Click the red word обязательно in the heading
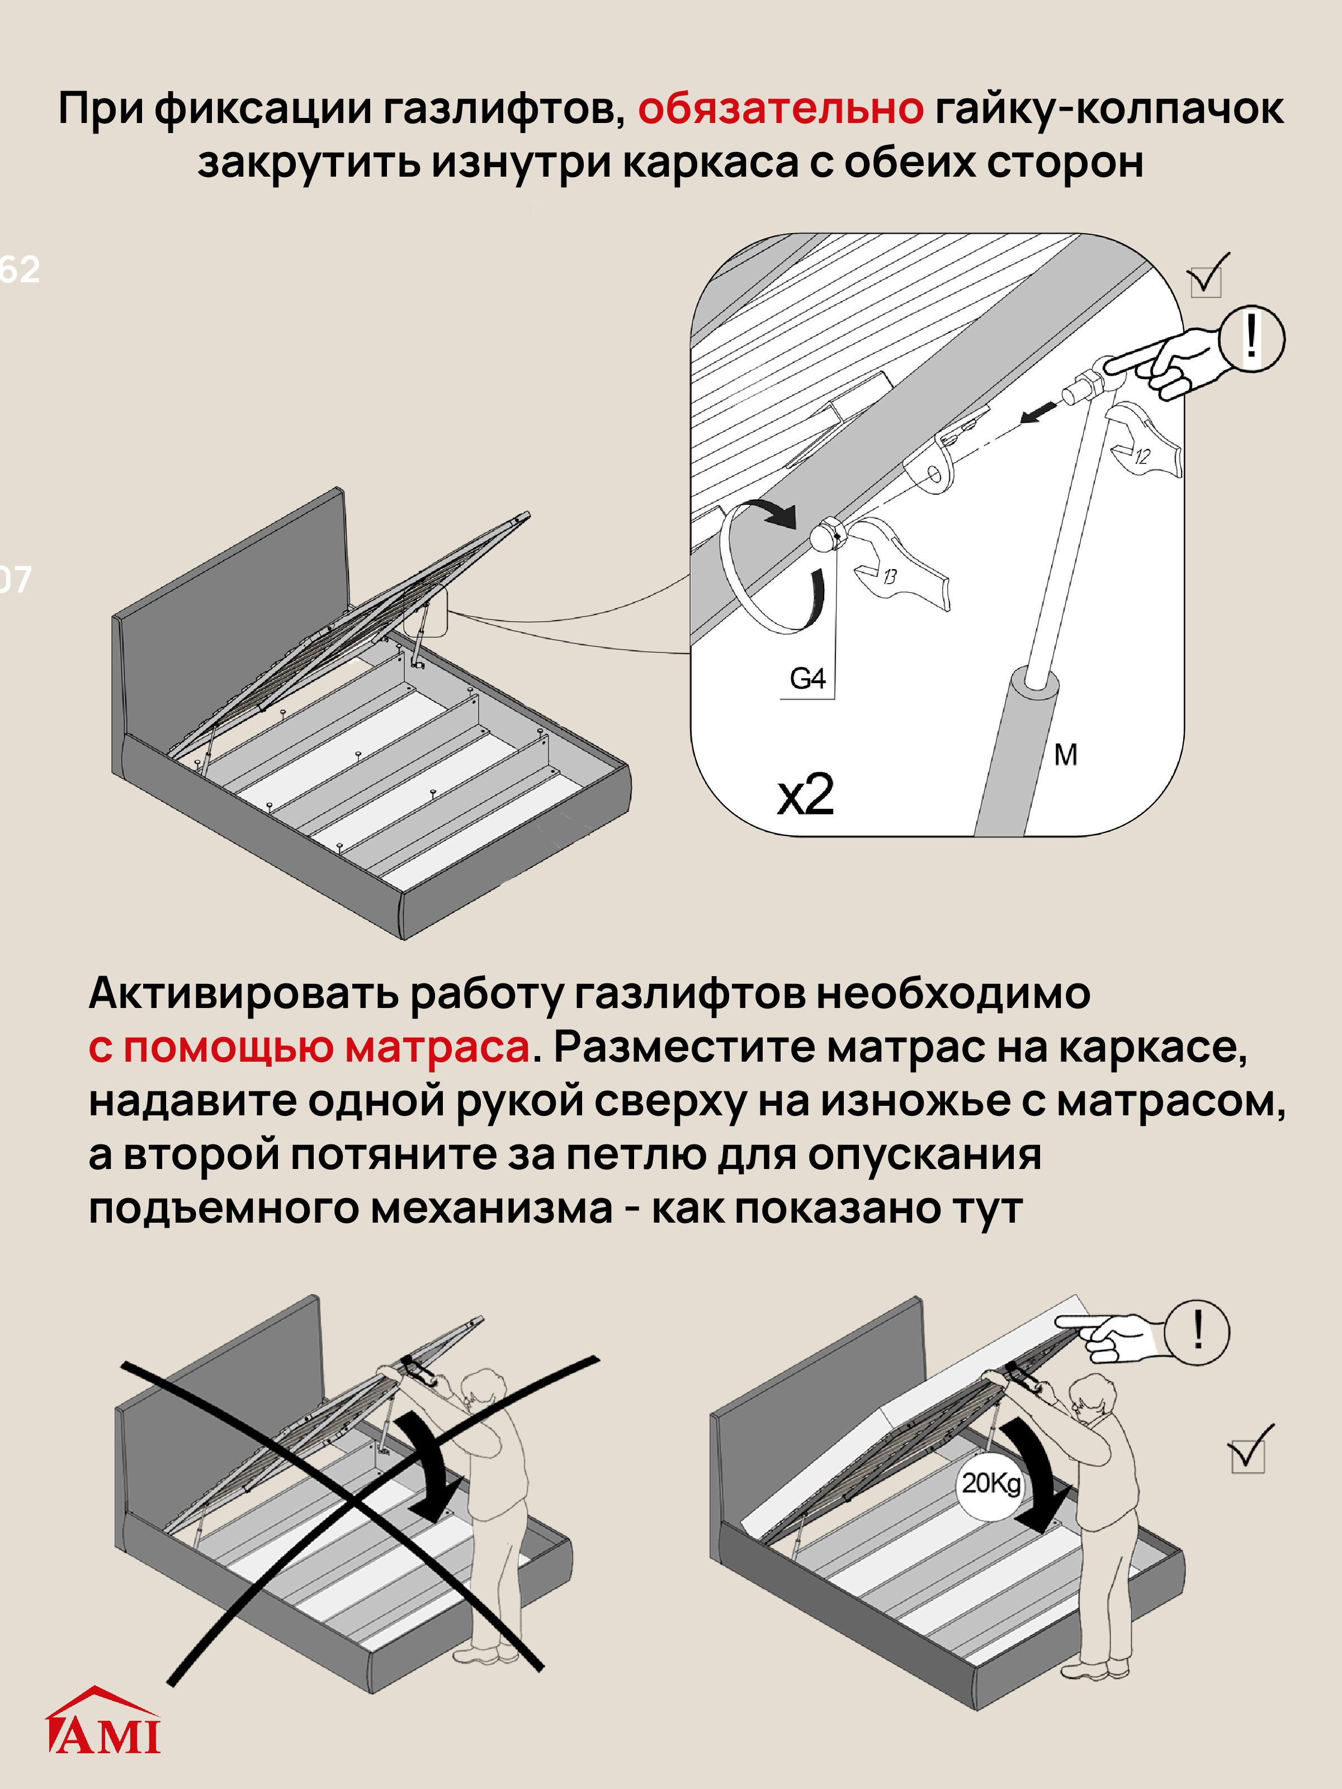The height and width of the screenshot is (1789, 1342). pyautogui.click(x=780, y=108)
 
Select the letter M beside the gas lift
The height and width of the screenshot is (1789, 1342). pyautogui.click(x=1065, y=755)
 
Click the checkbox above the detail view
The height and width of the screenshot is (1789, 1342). pyautogui.click(x=1206, y=279)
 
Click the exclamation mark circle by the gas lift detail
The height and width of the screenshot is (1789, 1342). pyautogui.click(x=1251, y=338)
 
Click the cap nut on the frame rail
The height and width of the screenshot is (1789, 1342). pyautogui.click(x=825, y=534)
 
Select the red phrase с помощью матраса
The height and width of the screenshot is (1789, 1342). pyautogui.click(x=309, y=1047)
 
